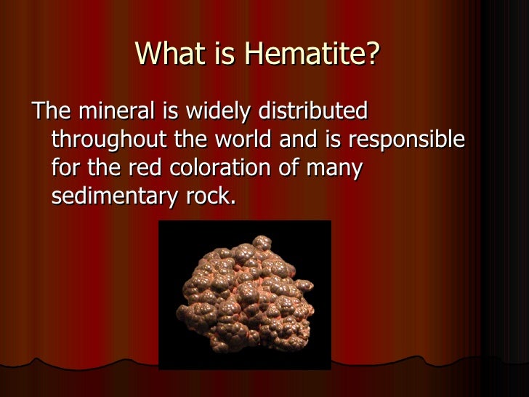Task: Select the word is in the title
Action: pos(216,54)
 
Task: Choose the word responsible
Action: pos(409,140)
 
